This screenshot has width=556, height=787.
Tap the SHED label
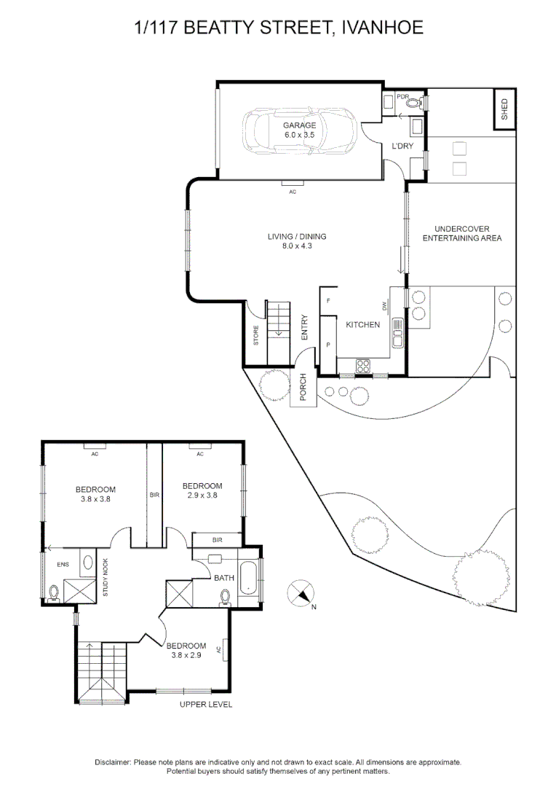pyautogui.click(x=504, y=109)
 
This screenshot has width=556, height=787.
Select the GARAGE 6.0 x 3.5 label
pyautogui.click(x=300, y=130)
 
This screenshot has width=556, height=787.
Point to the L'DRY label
pyautogui.click(x=402, y=146)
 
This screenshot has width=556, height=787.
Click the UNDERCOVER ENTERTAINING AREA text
pyautogui.click(x=462, y=233)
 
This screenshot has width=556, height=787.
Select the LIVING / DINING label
pyautogui.click(x=297, y=241)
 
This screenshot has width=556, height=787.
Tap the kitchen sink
pyautogui.click(x=397, y=332)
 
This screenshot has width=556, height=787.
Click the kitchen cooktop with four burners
pyautogui.click(x=363, y=365)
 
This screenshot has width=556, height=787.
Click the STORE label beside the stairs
pyautogui.click(x=255, y=334)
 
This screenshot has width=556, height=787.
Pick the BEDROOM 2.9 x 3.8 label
pyautogui.click(x=202, y=490)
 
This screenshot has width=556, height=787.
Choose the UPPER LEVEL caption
pyautogui.click(x=206, y=705)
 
